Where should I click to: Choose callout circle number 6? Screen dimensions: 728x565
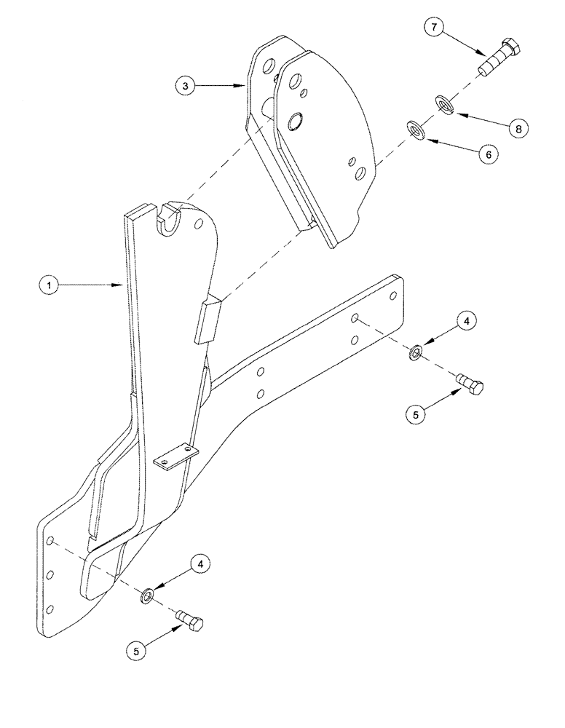(x=489, y=154)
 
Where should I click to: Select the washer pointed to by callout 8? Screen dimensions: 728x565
(x=444, y=105)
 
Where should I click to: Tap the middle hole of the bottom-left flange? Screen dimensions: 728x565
(x=50, y=575)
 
